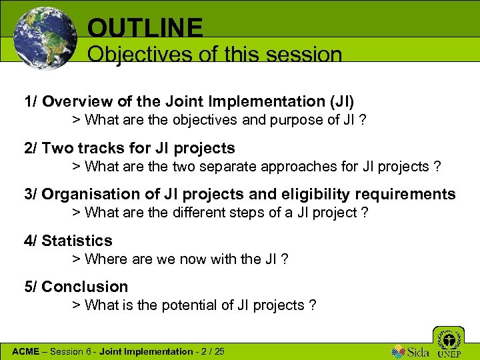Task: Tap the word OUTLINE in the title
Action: coord(145,27)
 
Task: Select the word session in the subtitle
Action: coord(304,54)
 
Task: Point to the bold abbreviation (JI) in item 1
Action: coord(340,101)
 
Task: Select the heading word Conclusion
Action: coord(85,287)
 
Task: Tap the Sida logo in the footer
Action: coord(410,351)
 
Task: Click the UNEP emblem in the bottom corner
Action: coord(448,341)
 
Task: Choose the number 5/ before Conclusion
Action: coord(31,287)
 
